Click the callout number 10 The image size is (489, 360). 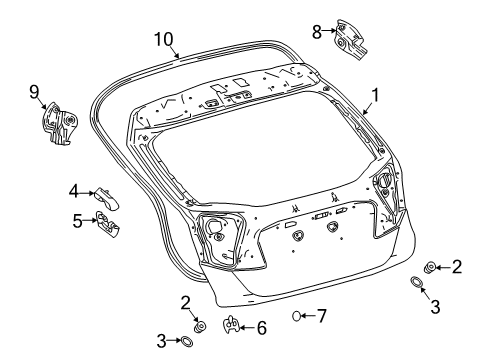(163, 39)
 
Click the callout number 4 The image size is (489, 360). (74, 190)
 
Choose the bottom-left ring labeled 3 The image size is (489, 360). (186, 342)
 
